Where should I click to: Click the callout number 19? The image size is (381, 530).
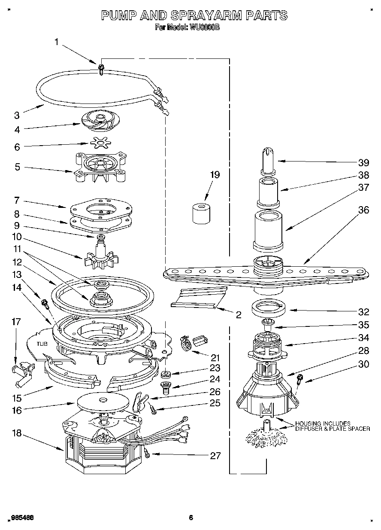[215, 174]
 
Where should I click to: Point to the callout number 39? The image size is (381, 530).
[363, 162]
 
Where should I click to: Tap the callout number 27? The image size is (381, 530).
[215, 456]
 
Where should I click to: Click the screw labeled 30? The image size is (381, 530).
[300, 378]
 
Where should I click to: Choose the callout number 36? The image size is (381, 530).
[363, 210]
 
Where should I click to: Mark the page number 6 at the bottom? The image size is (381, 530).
[191, 518]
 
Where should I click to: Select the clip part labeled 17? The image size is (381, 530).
[21, 370]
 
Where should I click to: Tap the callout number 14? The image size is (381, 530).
[17, 288]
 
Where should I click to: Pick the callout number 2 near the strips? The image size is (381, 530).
[238, 315]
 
